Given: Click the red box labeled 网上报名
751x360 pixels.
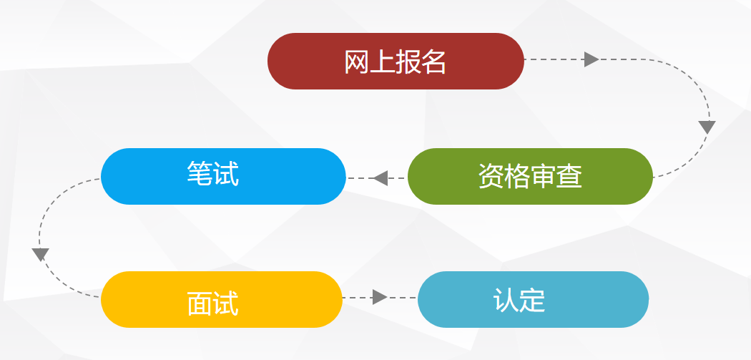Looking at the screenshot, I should pos(396,62).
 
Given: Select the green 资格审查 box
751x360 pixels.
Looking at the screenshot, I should pos(530,176).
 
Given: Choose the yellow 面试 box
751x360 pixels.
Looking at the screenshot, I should pos(222,299).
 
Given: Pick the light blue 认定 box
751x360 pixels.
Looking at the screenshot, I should pos(533,299).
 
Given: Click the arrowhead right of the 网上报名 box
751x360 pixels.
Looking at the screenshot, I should pos(591,59).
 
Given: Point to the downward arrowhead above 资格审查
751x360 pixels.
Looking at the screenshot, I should pos(707,127).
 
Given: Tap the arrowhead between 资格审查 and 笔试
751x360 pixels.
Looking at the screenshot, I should pos(380,177).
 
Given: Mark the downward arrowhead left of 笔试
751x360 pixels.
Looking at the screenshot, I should pos(40,254).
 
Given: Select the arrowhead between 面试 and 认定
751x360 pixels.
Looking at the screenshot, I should pos(380,297).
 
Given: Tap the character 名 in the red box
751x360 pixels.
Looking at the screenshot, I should pos(434,63).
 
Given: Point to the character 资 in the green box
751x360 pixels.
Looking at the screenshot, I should pos(491,176).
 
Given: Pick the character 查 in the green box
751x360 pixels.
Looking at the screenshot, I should pos(569,176).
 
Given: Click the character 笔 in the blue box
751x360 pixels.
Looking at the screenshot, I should pos(200,174).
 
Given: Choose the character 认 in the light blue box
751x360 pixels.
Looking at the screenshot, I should pos(506,301).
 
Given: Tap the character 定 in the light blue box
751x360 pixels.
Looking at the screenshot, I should pos(532,301).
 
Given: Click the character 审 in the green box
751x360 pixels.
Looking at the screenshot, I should pos(544,176).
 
